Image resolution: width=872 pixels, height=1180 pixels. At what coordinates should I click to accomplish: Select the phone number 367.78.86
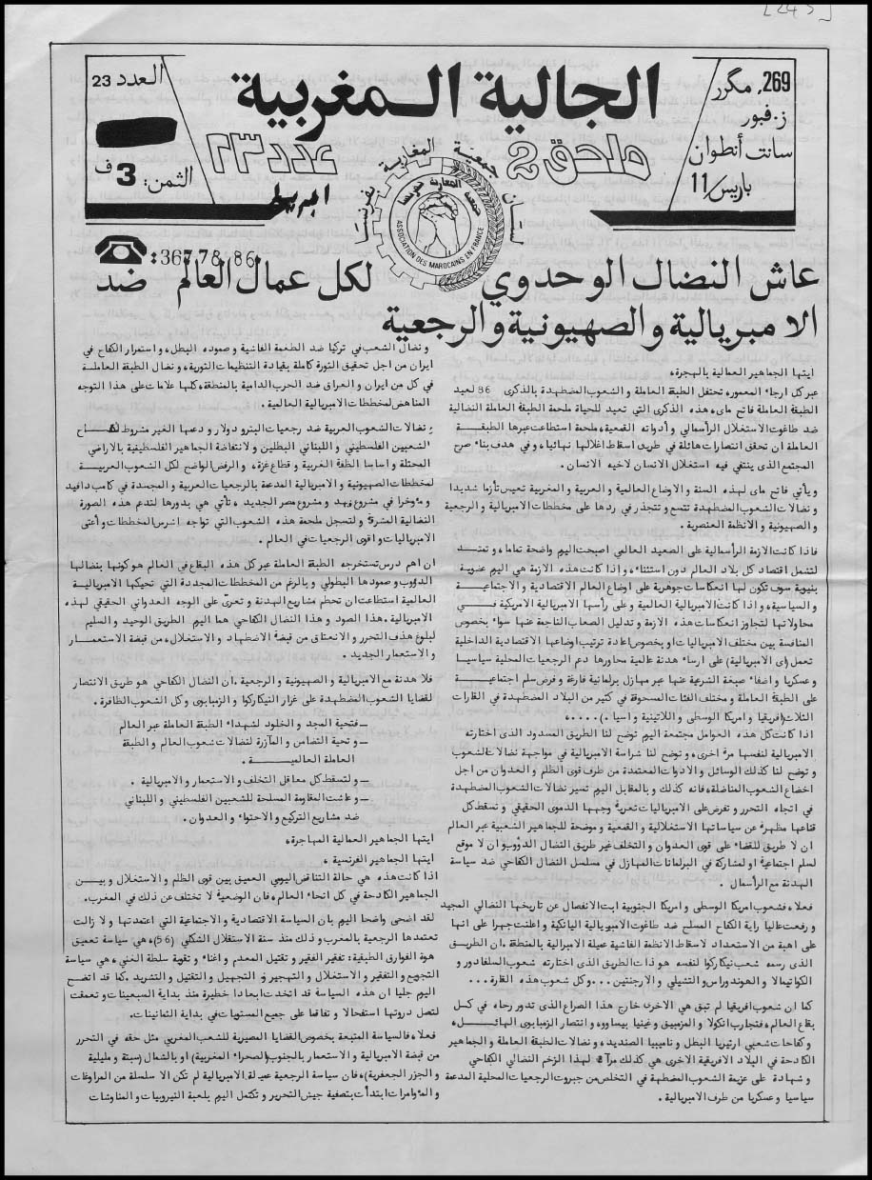click(x=204, y=255)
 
